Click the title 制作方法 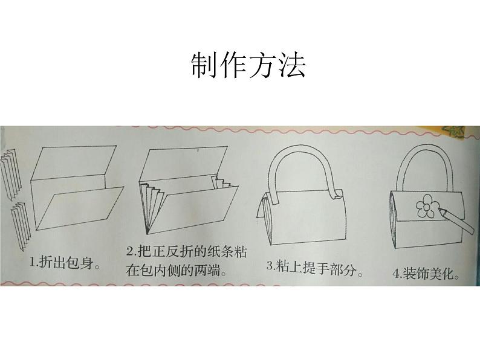(x=248, y=65)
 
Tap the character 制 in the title (x=204, y=65)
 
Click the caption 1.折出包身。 (x=65, y=263)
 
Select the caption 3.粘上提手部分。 (x=314, y=268)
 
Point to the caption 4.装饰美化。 (x=426, y=273)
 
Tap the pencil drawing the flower (x=456, y=220)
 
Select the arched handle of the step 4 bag (x=426, y=156)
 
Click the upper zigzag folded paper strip (x=11, y=175)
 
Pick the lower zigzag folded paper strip (x=21, y=227)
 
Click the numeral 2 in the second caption (x=130, y=252)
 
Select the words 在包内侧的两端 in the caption (x=173, y=271)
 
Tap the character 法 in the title (x=293, y=65)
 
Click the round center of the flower (x=426, y=207)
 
